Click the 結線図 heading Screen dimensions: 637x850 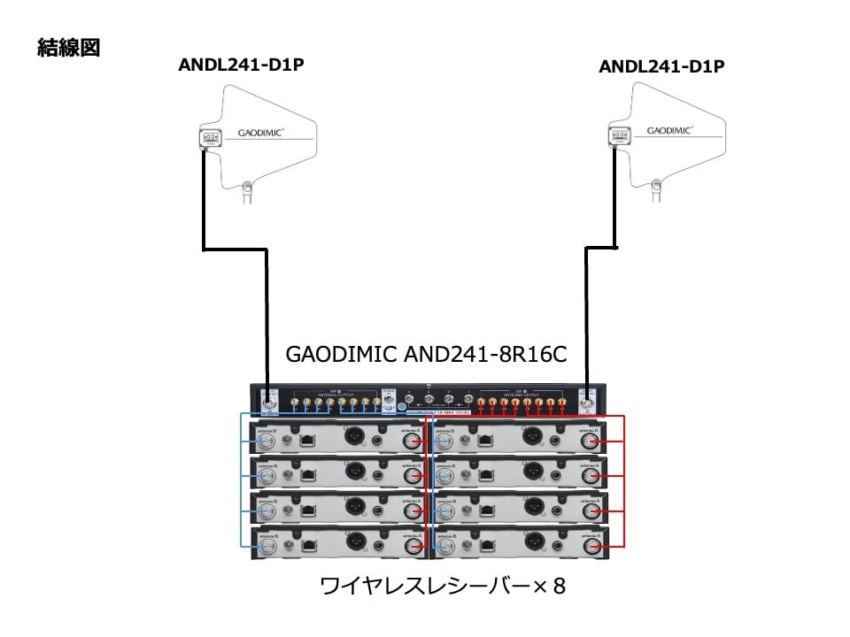pos(68,48)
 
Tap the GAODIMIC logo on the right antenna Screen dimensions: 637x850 pos(670,130)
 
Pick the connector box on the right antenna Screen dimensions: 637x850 pos(619,135)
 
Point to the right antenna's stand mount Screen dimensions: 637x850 pos(656,186)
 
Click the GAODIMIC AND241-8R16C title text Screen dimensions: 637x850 pos(426,354)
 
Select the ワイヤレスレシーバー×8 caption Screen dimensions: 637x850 pos(442,586)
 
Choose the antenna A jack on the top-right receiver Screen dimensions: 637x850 pos(589,441)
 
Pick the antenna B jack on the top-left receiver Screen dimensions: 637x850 pos(266,441)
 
